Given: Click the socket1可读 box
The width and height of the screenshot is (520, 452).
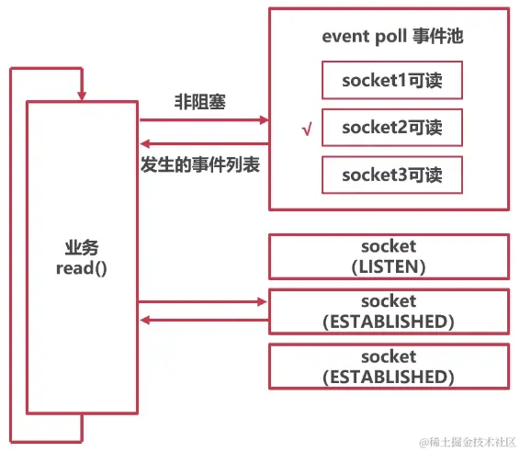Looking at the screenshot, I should pyautogui.click(x=391, y=81).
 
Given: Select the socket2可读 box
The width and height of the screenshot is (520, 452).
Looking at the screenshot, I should pyautogui.click(x=391, y=128).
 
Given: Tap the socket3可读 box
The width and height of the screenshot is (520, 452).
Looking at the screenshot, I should pyautogui.click(x=391, y=175).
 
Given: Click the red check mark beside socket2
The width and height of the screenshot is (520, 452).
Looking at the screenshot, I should pyautogui.click(x=307, y=130).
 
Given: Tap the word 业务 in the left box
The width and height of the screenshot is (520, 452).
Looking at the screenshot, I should pyautogui.click(x=82, y=247).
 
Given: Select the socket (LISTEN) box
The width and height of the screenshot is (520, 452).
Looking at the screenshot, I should pyautogui.click(x=389, y=256).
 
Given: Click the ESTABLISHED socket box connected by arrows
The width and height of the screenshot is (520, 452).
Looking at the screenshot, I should pyautogui.click(x=389, y=311).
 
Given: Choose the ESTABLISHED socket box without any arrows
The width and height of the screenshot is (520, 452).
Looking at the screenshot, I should pyautogui.click(x=389, y=366).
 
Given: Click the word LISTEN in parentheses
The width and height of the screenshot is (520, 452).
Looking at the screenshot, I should pyautogui.click(x=389, y=266).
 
